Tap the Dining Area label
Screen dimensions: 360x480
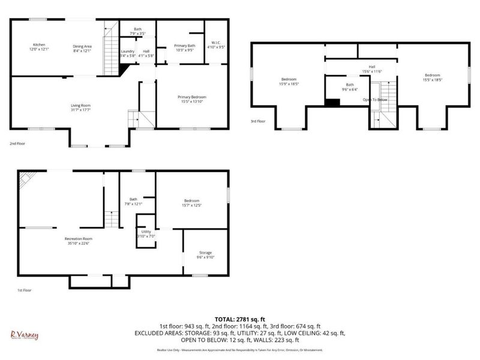click(82, 46)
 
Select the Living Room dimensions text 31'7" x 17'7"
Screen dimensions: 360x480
click(80, 110)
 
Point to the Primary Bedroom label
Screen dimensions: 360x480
click(191, 97)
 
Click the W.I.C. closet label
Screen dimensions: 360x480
click(216, 42)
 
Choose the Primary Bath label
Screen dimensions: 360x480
click(184, 46)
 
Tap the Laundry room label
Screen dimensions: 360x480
click(127, 51)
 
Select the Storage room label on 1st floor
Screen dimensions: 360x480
click(206, 253)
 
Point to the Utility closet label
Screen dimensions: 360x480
click(146, 231)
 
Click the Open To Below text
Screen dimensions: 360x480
click(376, 100)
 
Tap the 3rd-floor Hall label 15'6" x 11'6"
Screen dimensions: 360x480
click(372, 67)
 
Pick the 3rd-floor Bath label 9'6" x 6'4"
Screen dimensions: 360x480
click(350, 85)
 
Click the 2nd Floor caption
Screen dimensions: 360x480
click(17, 144)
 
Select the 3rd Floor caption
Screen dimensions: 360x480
click(257, 121)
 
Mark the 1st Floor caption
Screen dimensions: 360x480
click(25, 290)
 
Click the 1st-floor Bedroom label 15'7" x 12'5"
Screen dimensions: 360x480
click(191, 200)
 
